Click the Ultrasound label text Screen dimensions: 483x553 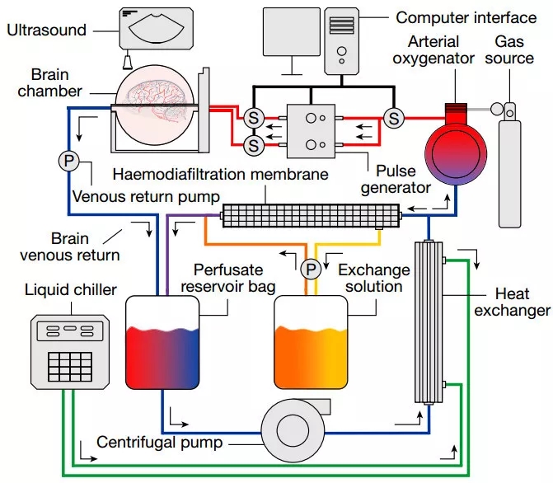pos(45,30)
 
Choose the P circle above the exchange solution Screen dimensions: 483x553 pos(311,269)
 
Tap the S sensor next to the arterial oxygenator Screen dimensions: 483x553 pos(394,118)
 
